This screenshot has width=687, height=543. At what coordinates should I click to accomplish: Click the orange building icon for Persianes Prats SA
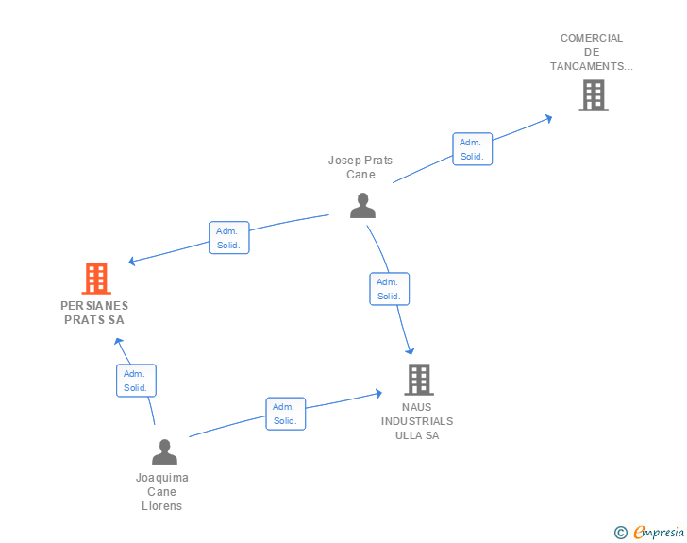click(x=96, y=278)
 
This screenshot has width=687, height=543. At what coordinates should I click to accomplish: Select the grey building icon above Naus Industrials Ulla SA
click(x=419, y=380)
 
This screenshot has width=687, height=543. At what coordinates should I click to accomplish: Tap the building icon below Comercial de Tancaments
click(x=594, y=95)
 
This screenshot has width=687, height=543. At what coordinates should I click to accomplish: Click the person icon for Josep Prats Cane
click(x=362, y=205)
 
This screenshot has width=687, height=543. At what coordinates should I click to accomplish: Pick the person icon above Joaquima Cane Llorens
click(x=165, y=451)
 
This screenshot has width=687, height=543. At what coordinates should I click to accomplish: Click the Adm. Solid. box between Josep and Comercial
click(x=472, y=149)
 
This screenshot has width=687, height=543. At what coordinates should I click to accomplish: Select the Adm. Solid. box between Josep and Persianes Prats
click(x=229, y=238)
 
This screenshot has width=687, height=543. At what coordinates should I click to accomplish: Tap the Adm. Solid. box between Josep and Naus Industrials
click(x=390, y=289)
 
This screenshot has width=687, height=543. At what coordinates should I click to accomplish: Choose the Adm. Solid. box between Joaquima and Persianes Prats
click(x=136, y=381)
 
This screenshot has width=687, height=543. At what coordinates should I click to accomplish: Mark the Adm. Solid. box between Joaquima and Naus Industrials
click(x=286, y=414)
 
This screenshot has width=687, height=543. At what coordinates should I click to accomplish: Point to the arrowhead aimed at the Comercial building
click(x=548, y=118)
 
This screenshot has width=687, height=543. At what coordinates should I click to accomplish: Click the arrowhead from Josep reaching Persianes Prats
click(x=132, y=261)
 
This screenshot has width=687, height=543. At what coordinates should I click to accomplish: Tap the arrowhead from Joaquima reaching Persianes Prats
click(x=118, y=341)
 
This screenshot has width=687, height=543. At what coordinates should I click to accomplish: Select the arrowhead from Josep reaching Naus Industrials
click(x=410, y=351)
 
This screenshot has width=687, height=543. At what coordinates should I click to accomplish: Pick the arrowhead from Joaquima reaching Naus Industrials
click(x=379, y=394)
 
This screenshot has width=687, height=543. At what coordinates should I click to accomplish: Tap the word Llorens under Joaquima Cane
click(x=161, y=506)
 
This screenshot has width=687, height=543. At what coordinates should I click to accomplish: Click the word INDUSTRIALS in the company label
click(x=417, y=421)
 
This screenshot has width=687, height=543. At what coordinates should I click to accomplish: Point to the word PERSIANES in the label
click(x=94, y=306)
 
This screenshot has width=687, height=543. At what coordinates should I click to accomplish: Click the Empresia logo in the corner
click(x=649, y=532)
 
